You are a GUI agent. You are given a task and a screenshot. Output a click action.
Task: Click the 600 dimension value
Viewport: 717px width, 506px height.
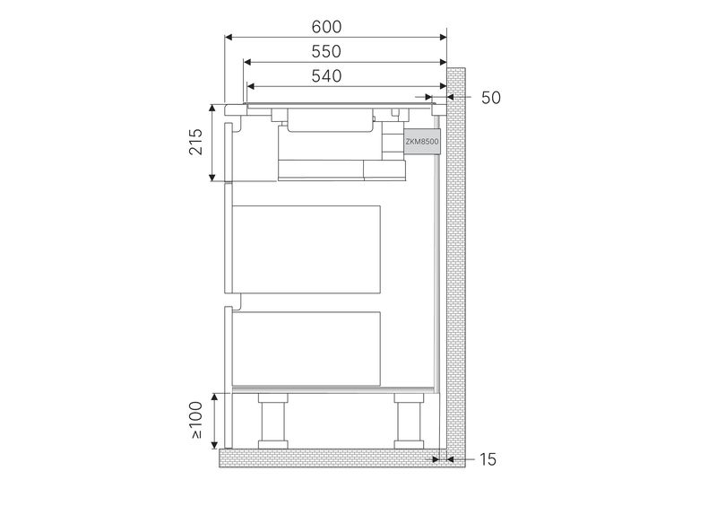click(x=326, y=27)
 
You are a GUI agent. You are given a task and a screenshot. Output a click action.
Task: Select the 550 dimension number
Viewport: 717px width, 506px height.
click(x=326, y=51)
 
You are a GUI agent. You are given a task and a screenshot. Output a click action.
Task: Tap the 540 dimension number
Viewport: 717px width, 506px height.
click(x=326, y=75)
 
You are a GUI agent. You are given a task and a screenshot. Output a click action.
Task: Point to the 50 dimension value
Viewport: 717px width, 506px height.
click(x=491, y=98)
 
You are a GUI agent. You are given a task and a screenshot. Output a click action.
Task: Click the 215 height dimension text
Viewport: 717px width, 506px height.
click(x=195, y=142)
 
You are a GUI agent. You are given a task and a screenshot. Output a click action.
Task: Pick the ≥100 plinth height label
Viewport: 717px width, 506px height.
click(x=195, y=420)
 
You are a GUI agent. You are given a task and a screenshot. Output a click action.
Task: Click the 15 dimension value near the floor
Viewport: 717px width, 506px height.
click(x=488, y=459)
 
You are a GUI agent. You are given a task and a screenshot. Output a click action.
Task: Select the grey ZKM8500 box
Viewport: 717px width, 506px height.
click(x=422, y=142)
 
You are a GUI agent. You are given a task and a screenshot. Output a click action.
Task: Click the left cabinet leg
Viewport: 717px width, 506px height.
click(x=273, y=422)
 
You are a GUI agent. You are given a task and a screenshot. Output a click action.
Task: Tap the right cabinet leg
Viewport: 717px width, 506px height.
click(x=409, y=422)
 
